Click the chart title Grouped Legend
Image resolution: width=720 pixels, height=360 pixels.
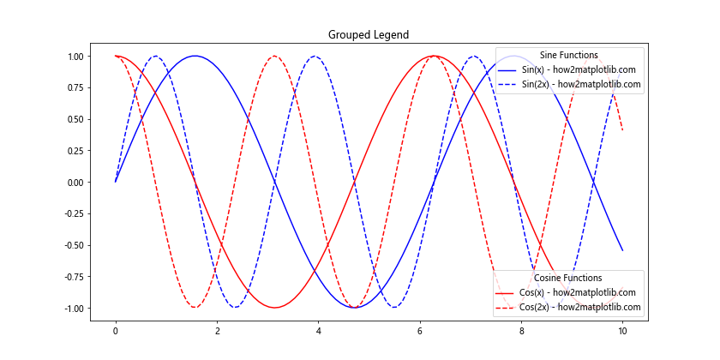pyautogui.click(x=369, y=35)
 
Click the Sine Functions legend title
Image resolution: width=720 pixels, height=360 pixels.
pyautogui.click(x=568, y=55)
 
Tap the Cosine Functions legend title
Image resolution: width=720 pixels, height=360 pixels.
pyautogui.click(x=567, y=278)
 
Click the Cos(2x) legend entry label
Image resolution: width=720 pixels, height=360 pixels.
pyautogui.click(x=579, y=307)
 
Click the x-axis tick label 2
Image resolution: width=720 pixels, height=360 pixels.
pyautogui.click(x=217, y=331)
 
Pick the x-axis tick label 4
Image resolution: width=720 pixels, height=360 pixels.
pyautogui.click(x=318, y=331)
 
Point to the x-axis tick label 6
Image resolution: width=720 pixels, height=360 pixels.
pyautogui.click(x=420, y=331)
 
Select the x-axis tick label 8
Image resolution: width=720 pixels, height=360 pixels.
pyautogui.click(x=521, y=331)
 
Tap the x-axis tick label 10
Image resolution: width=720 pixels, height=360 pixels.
pyautogui.click(x=623, y=331)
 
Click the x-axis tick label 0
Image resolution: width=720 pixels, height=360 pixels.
pyautogui.click(x=116, y=331)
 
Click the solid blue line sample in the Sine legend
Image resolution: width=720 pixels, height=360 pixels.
pyautogui.click(x=509, y=69)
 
